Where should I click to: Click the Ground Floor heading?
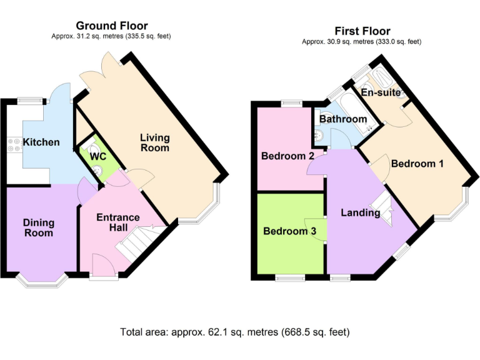coord(112,26)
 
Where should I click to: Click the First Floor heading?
coord(362,31)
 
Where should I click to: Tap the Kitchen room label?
coord(41,142)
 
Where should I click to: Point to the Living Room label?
coord(154,142)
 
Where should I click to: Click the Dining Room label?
coord(39,227)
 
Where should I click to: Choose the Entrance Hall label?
coord(117,222)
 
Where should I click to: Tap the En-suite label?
coord(380,92)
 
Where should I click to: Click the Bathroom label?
coord(342,119)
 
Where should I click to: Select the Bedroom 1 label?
coord(417,164)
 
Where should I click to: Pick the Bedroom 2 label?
coord(287,156)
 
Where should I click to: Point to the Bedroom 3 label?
coord(289,231)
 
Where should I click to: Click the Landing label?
coord(360,212)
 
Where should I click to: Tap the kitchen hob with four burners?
coord(12,144)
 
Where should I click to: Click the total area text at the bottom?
coord(234,331)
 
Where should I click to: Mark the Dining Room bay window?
coord(42,281)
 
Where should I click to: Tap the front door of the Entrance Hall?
coord(103,264)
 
